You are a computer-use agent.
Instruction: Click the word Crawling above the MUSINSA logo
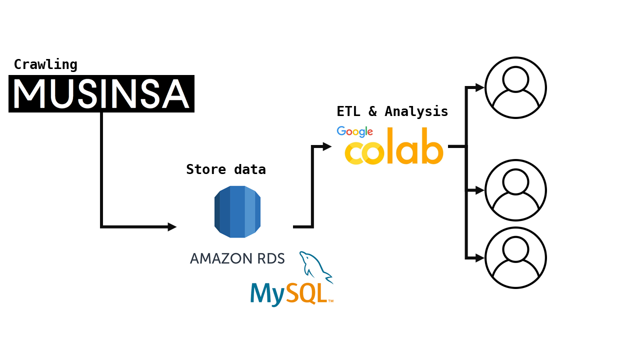pyautogui.click(x=45, y=64)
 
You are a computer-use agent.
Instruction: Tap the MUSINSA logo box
pyautogui.click(x=101, y=93)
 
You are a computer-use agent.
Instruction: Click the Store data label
pyautogui.click(x=226, y=169)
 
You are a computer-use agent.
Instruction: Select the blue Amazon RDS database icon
pyautogui.click(x=237, y=211)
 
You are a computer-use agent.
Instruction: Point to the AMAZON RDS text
pyautogui.click(x=237, y=258)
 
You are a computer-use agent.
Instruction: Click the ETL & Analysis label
pyautogui.click(x=392, y=111)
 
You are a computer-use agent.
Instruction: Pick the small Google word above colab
pyautogui.click(x=355, y=132)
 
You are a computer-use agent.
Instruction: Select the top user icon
pyautogui.click(x=515, y=88)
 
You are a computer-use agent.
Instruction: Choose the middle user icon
pyautogui.click(x=515, y=190)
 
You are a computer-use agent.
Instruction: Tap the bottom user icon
pyautogui.click(x=515, y=258)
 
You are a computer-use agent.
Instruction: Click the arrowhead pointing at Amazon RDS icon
pyautogui.click(x=172, y=227)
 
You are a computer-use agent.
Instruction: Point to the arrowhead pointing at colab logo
pyautogui.click(x=327, y=146)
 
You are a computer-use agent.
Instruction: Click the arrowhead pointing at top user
pyautogui.click(x=479, y=88)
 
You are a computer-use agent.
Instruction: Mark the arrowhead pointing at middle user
pyautogui.click(x=479, y=190)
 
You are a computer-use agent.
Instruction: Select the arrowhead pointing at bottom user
pyautogui.click(x=479, y=258)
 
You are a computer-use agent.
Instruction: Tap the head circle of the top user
pyautogui.click(x=515, y=79)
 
